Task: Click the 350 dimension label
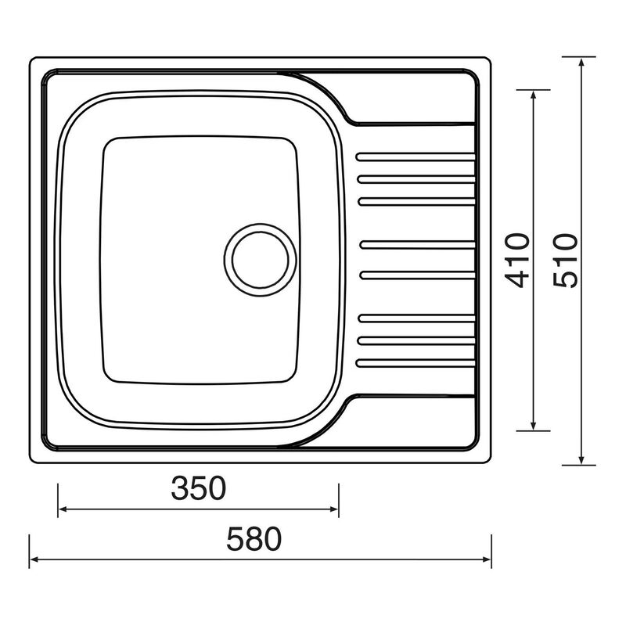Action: pos(199,488)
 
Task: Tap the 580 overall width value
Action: pos(254,539)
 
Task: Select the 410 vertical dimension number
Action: pos(517,260)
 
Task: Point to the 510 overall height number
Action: pos(565,260)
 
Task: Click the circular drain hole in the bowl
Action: pos(261,260)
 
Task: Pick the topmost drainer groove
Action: pos(416,156)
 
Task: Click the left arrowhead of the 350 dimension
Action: pos(63,510)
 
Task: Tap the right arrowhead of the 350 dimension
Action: pos(333,510)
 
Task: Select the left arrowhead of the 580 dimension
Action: pos(35,559)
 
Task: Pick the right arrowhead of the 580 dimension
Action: pos(486,559)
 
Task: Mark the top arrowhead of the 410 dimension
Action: pos(534,95)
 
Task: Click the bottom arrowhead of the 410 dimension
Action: pos(534,424)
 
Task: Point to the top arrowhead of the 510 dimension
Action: pos(581,63)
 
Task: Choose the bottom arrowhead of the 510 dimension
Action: pos(581,459)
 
